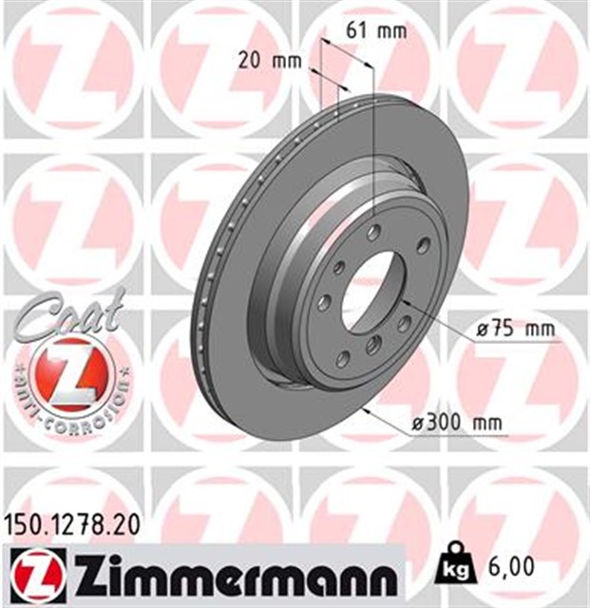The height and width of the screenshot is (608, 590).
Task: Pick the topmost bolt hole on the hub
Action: [374, 233]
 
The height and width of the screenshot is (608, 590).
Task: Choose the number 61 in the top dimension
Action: [357, 30]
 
